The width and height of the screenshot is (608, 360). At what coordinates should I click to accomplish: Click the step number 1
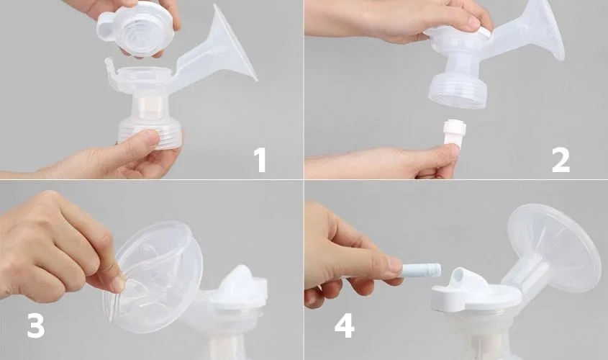click(x=260, y=159)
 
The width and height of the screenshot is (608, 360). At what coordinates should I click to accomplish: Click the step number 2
click(x=561, y=159)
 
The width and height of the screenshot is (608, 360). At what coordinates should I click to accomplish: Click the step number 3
click(x=35, y=325)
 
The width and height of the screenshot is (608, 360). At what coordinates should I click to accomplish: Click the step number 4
click(x=344, y=325)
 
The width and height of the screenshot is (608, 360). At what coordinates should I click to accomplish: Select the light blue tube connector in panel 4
click(x=420, y=271)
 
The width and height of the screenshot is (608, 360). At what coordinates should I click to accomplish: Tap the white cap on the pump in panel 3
click(x=237, y=288)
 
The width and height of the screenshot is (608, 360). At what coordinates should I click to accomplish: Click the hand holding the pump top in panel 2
click(x=403, y=18)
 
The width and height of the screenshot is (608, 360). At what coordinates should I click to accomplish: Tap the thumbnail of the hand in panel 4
click(x=394, y=266)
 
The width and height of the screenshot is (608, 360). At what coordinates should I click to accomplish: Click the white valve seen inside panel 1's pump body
click(x=150, y=109)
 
